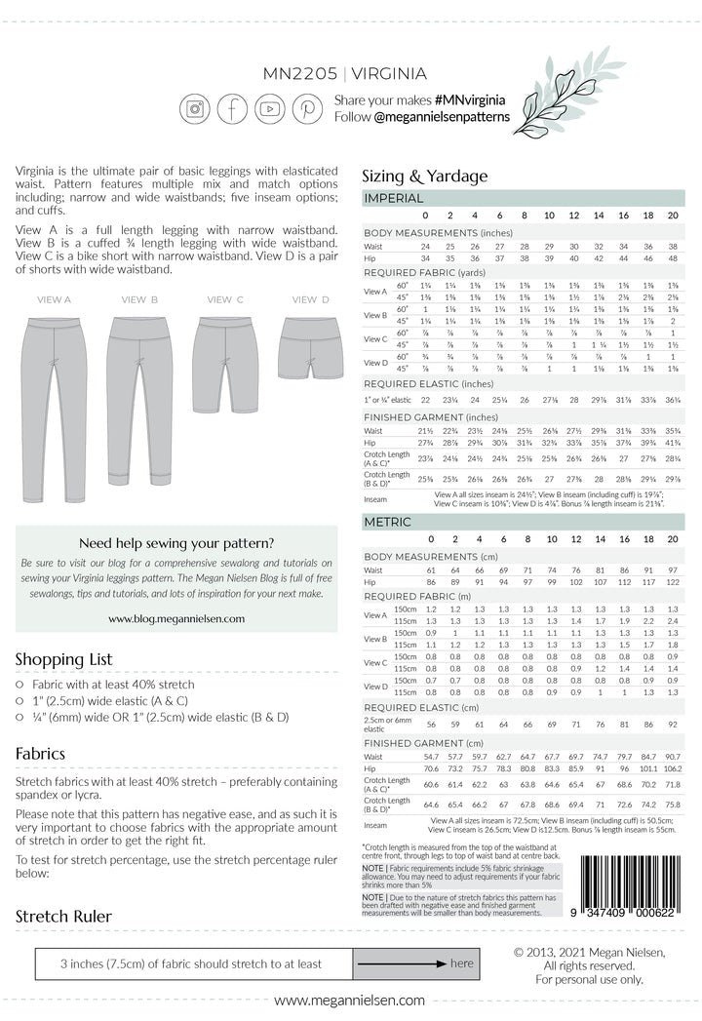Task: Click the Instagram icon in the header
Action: coord(195,108)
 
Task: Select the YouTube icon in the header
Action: coord(270,108)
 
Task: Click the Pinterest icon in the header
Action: coord(307,108)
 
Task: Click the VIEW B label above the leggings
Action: coord(139,299)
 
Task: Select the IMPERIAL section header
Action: coord(394,198)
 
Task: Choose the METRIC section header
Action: coord(387,523)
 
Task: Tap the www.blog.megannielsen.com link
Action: coord(176,618)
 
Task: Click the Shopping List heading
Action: coord(64,659)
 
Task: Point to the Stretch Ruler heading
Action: coord(63,916)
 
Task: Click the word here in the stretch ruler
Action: coord(461,963)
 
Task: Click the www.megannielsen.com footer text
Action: coord(350,1001)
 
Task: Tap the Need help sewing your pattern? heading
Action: coord(176,543)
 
